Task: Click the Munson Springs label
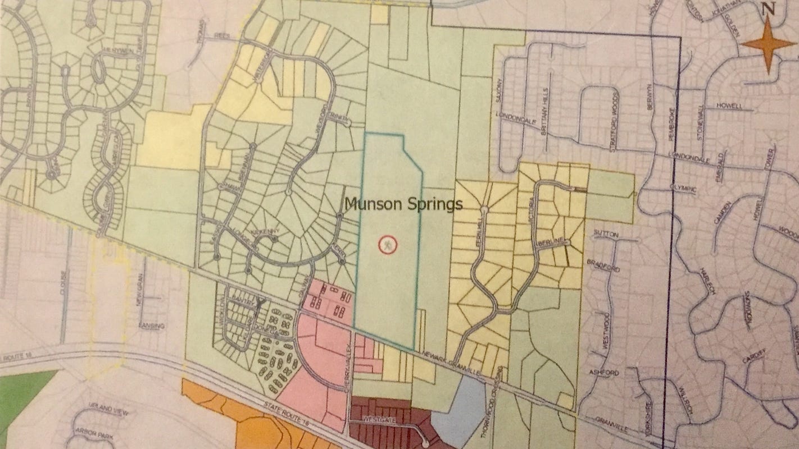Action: pyautogui.click(x=403, y=204)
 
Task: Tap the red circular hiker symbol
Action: pyautogui.click(x=388, y=245)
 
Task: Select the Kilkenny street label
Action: pyautogui.click(x=262, y=231)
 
